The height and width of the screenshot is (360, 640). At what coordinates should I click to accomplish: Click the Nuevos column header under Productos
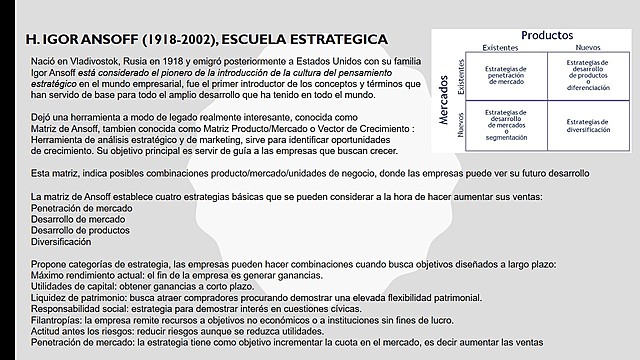coord(581,48)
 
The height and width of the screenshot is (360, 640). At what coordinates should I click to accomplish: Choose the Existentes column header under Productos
coord(500,48)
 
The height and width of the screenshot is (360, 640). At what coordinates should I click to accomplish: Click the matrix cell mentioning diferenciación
coord(581,73)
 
